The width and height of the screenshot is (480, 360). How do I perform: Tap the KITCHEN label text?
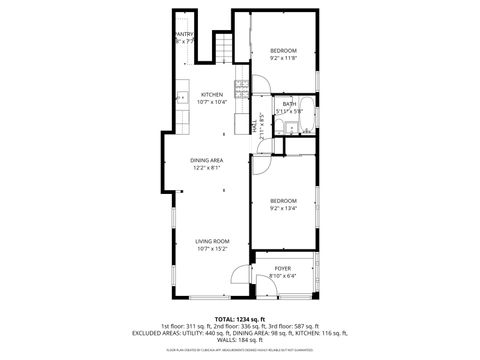click(212, 95)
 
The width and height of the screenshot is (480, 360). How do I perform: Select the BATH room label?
click(290, 104)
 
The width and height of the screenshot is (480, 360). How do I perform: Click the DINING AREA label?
click(207, 161)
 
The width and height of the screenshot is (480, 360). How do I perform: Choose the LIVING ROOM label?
click(212, 241)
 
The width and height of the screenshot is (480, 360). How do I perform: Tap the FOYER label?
click(284, 268)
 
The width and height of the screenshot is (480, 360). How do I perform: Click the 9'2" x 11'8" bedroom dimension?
click(284, 58)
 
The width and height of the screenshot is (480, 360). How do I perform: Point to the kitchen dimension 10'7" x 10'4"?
click(212, 102)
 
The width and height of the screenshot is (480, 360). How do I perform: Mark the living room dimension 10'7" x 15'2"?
click(212, 248)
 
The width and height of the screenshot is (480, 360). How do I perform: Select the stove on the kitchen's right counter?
click(241, 86)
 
